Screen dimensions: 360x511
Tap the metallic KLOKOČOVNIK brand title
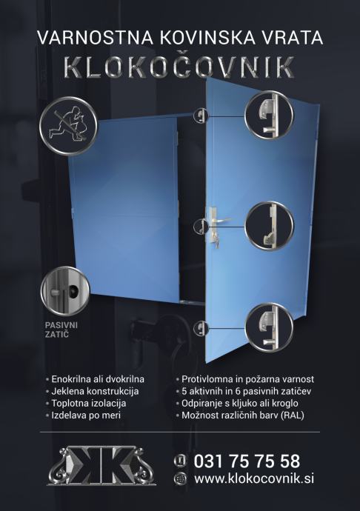click(179, 67)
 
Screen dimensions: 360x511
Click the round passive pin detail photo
click(64, 290)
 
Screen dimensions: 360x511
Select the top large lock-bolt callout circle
click(269, 115)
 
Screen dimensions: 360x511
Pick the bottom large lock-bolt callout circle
click(269, 327)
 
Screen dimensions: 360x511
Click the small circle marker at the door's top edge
click(201, 116)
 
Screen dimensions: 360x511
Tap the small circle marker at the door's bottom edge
click(201, 328)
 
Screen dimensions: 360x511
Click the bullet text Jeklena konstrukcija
click(95, 391)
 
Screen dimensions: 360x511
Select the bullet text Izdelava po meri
click(86, 415)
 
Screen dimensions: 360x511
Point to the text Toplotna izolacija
click(89, 403)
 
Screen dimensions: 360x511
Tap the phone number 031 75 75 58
click(247, 461)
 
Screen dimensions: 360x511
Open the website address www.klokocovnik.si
click(254, 478)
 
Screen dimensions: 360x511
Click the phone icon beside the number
click(180, 461)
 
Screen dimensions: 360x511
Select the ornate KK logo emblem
click(101, 465)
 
